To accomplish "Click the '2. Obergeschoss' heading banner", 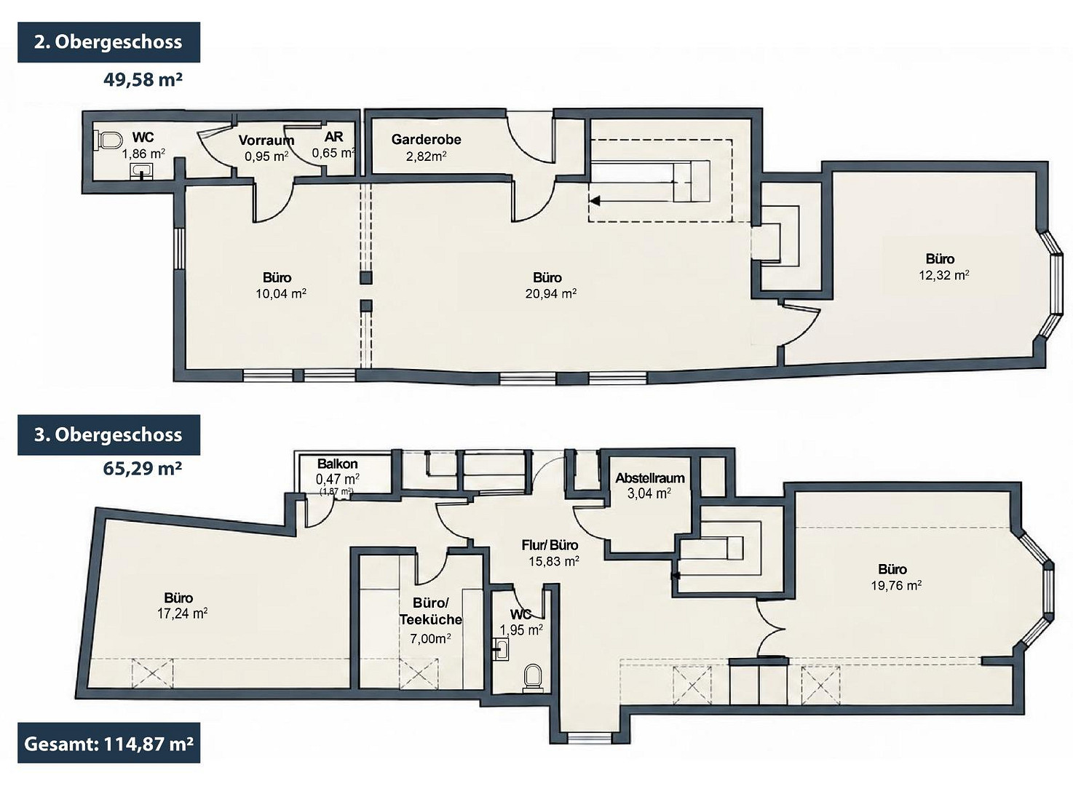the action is click(108, 42).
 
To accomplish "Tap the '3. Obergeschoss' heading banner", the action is click(108, 435).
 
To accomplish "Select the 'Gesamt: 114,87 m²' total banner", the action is click(108, 745).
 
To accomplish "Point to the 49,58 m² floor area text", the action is click(143, 79).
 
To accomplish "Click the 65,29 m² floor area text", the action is click(143, 467).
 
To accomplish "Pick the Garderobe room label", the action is click(427, 140).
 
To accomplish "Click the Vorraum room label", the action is click(266, 140).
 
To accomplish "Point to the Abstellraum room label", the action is click(650, 478).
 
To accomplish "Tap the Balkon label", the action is click(337, 464).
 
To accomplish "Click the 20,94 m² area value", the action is click(551, 293).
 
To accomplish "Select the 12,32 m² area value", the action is click(944, 275).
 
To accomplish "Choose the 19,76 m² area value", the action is click(897, 585).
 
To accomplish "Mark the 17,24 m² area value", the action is click(182, 614).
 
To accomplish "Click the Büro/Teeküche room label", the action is click(431, 611).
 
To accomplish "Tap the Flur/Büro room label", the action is click(550, 545).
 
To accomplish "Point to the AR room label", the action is click(334, 137).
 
